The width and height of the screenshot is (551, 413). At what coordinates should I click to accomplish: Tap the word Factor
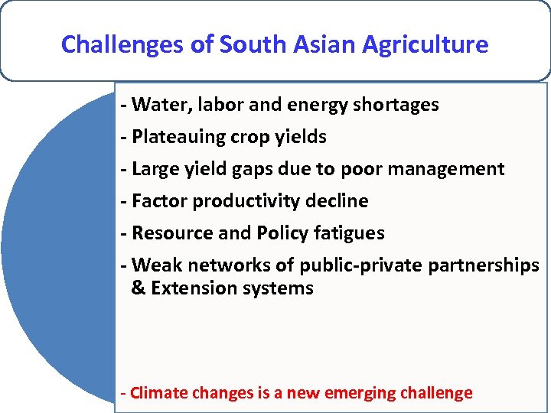pyautogui.click(x=159, y=201)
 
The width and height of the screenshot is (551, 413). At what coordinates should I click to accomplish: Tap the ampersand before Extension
pyautogui.click(x=139, y=288)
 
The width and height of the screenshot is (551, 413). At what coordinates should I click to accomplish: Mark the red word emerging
pyautogui.click(x=357, y=394)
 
